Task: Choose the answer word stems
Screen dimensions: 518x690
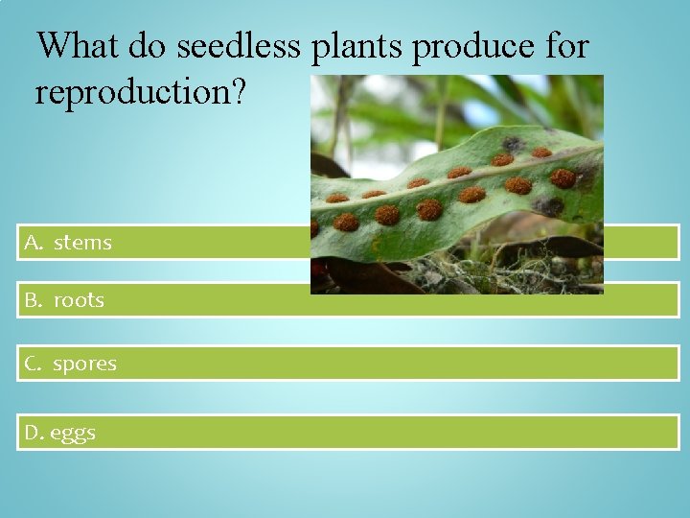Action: point(82,243)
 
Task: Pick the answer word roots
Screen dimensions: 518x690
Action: point(79,300)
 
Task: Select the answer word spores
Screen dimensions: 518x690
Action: point(84,365)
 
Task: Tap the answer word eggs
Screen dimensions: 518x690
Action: point(73,434)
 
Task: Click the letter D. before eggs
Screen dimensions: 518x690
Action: point(34,433)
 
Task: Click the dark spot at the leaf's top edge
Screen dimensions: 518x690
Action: point(514,144)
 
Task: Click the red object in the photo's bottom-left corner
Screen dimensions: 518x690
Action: point(318,271)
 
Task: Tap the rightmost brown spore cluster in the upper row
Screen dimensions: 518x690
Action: point(541,152)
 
